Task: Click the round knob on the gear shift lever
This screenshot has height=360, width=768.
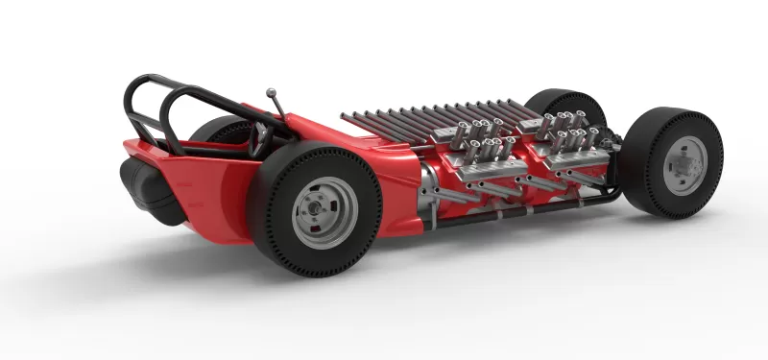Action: pyautogui.click(x=271, y=93)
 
